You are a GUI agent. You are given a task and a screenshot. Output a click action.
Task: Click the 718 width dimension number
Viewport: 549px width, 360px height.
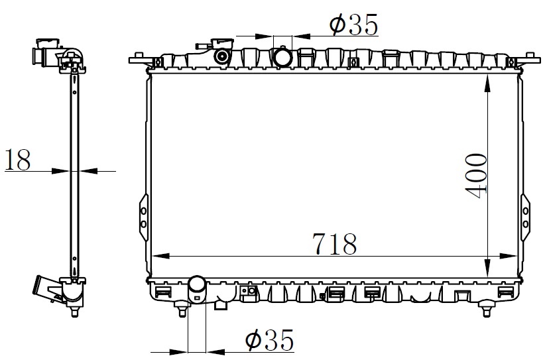(x=334, y=244)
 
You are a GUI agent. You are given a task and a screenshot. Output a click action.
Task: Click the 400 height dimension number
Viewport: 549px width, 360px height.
(x=476, y=176)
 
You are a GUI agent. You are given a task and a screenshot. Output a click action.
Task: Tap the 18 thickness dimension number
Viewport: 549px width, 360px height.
(x=18, y=159)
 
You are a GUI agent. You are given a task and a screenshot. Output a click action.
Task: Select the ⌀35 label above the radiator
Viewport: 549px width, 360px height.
(x=353, y=25)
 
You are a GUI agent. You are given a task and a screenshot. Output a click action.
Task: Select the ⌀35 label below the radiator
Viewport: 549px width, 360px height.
(x=270, y=339)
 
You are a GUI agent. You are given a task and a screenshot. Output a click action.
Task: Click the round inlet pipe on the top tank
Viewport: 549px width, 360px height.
(x=282, y=57)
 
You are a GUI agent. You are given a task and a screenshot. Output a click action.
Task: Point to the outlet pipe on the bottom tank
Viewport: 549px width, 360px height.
(x=197, y=289)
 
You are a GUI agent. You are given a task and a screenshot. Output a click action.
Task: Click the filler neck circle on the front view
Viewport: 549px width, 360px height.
(x=222, y=56)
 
